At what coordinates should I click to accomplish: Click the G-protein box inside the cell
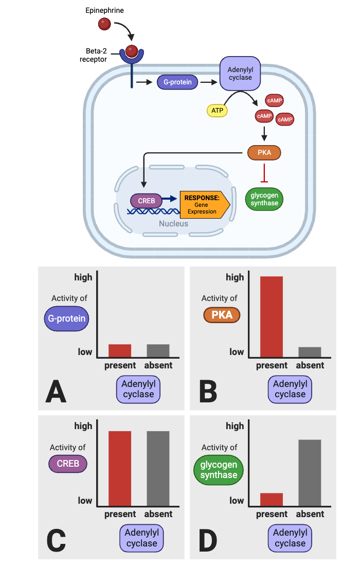(x=177, y=82)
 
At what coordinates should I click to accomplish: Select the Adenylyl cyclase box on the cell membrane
(x=240, y=73)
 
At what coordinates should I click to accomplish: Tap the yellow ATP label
(x=217, y=110)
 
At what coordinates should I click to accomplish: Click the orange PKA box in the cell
(x=264, y=153)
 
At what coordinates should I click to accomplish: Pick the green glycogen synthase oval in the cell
(x=264, y=199)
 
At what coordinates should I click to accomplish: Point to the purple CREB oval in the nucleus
(x=146, y=201)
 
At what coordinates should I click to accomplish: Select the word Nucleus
(x=173, y=224)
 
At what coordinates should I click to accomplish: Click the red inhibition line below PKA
(x=264, y=172)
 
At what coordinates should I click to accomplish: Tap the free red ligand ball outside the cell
(x=104, y=24)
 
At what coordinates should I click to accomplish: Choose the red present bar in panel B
(x=272, y=316)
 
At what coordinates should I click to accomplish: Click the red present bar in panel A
(x=120, y=350)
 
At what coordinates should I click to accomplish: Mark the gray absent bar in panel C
(x=158, y=468)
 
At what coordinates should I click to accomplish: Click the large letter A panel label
(x=56, y=392)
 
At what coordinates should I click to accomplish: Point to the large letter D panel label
(x=208, y=541)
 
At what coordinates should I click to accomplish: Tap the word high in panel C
(x=83, y=426)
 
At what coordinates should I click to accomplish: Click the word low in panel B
(x=237, y=352)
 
